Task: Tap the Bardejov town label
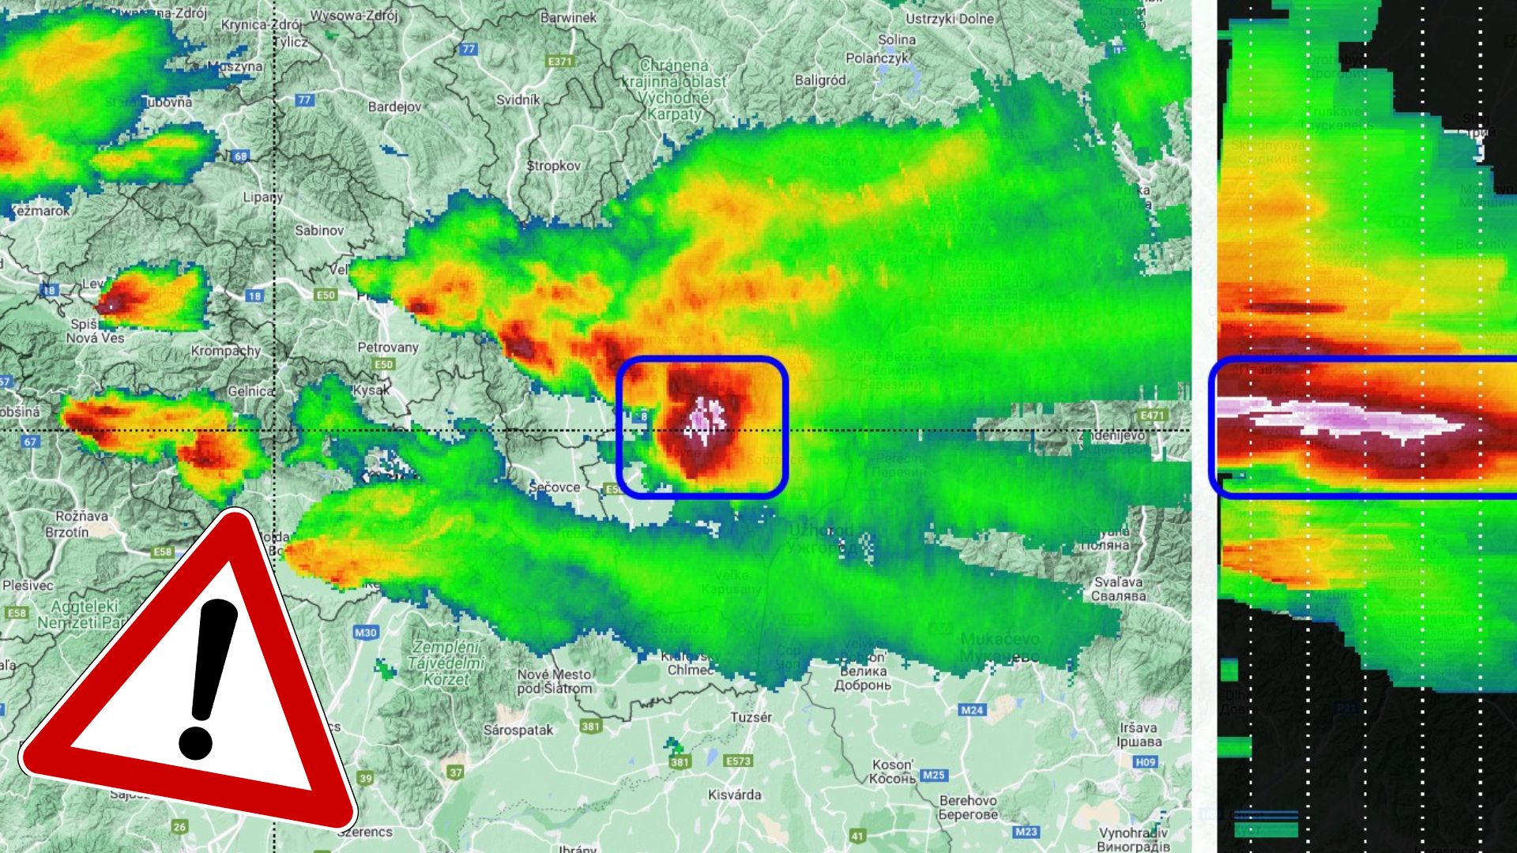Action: (x=394, y=107)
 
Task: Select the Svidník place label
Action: (x=518, y=100)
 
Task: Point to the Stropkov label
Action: (x=553, y=166)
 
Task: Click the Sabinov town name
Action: (x=319, y=231)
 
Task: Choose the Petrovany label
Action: (x=388, y=348)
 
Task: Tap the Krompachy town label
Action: (x=226, y=351)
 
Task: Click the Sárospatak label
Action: (x=518, y=730)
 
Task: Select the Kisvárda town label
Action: (x=735, y=795)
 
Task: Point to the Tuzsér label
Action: (x=751, y=717)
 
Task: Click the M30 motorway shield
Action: (x=365, y=633)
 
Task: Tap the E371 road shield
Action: (x=559, y=61)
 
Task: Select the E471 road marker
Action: (x=1153, y=415)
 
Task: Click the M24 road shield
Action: (x=972, y=710)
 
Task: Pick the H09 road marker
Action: (x=1146, y=762)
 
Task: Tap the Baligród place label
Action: (x=820, y=81)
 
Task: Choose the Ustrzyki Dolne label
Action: (x=950, y=19)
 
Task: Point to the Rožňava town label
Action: (x=82, y=516)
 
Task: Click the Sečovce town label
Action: (x=555, y=487)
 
